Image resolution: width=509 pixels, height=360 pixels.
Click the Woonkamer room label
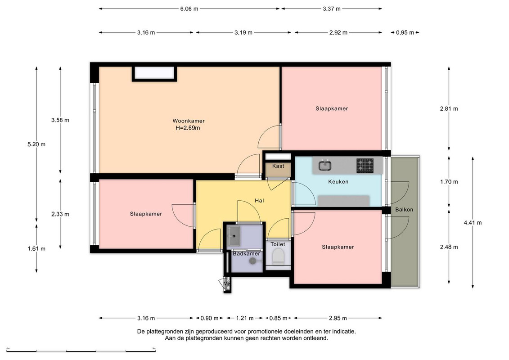coord(189,121)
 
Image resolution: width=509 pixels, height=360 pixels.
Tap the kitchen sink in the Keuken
coord(324,166)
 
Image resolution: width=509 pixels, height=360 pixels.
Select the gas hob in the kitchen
coord(365,166)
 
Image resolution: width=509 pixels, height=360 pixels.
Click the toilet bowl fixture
coord(278,256)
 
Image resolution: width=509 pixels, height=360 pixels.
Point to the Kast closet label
coord(278,166)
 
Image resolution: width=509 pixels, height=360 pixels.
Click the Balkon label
coord(404,210)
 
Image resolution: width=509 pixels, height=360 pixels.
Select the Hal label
coord(259,201)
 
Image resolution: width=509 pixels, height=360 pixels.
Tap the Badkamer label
coord(246,253)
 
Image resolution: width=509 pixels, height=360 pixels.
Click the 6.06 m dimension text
coord(189,9)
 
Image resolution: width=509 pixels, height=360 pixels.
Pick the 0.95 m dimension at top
coord(405,32)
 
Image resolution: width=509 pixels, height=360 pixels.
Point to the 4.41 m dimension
coord(473,223)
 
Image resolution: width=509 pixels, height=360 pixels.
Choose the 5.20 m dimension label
coord(36,144)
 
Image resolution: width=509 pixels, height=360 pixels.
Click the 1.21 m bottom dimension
coord(245,318)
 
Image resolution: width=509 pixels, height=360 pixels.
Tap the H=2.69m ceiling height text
coord(188,128)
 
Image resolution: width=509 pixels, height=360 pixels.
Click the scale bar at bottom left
coord(81,351)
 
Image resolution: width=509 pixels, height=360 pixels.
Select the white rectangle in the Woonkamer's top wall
coord(154,72)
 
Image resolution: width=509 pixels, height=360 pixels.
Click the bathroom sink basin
coord(234,236)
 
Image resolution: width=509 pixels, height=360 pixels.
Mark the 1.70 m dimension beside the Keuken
coord(449,182)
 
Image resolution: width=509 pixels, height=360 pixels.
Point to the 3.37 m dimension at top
coord(332,9)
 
